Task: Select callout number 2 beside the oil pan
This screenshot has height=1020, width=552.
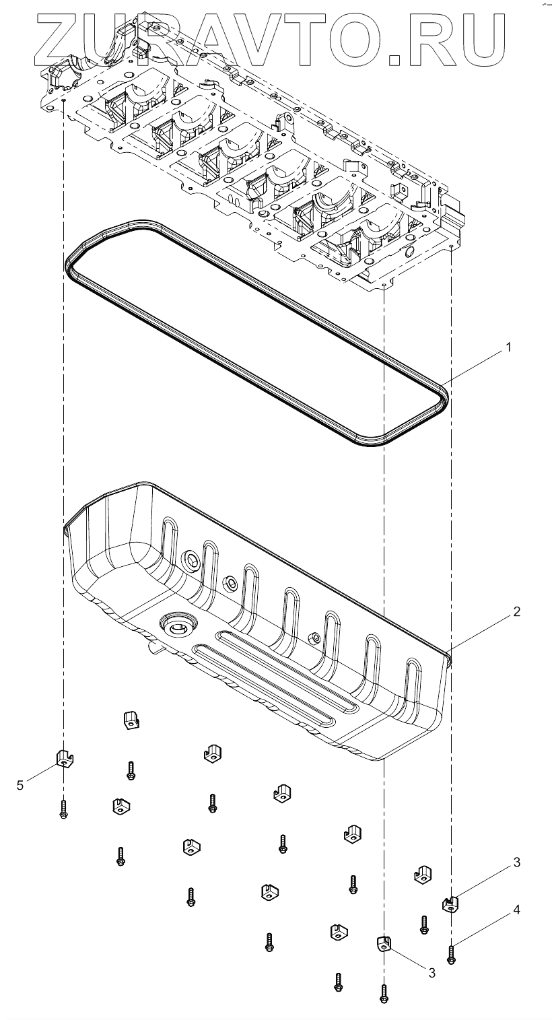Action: tap(516, 612)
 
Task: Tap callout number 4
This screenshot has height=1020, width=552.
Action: tap(516, 910)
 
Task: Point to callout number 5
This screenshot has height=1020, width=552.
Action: tap(20, 784)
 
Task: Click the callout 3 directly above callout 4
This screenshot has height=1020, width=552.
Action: tap(516, 862)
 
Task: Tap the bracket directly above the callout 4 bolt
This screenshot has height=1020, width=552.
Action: tap(450, 904)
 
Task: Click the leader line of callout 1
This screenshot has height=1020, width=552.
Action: tap(475, 367)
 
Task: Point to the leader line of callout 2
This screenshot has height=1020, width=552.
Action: tap(481, 632)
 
